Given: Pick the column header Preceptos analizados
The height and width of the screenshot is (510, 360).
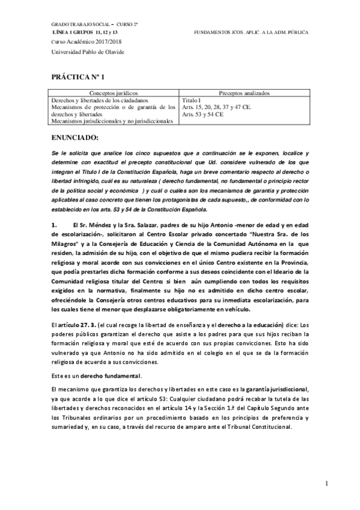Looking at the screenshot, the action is (x=244, y=94).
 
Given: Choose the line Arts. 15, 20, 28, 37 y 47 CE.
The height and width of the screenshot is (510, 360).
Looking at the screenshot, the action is (x=216, y=107).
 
